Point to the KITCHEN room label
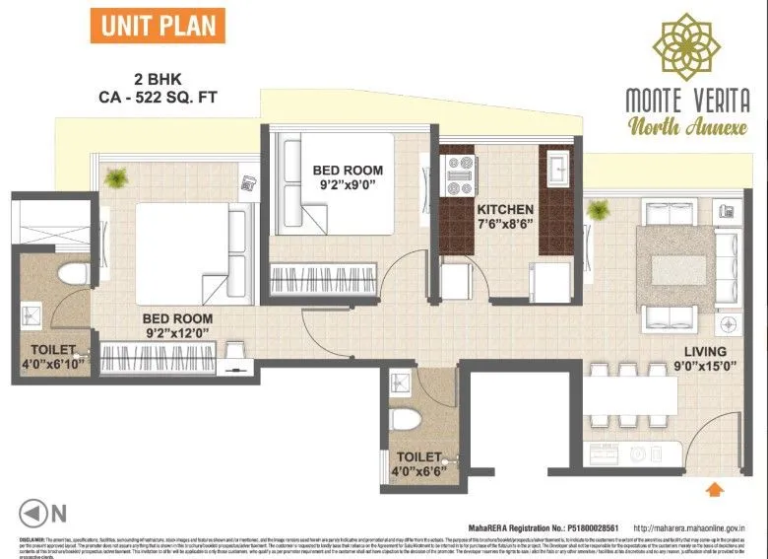pyautogui.click(x=505, y=209)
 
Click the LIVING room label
pyautogui.click(x=706, y=352)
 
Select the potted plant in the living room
pyautogui.click(x=596, y=209)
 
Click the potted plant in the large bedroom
pyautogui.click(x=118, y=177)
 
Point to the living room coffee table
pyautogui.click(x=676, y=255)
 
